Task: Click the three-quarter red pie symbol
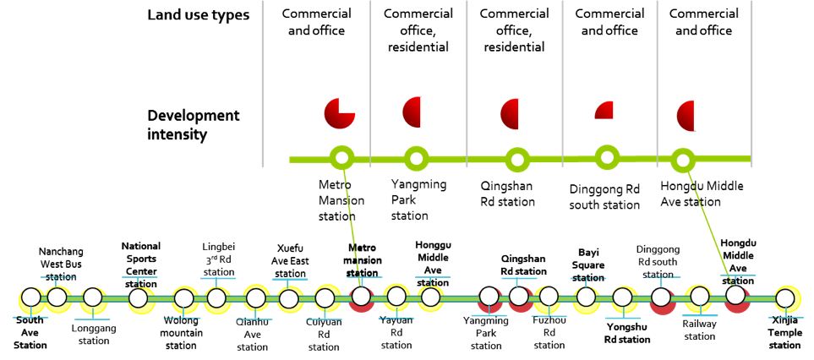click(340, 113)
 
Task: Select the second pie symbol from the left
click(421, 112)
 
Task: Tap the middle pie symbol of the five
click(519, 114)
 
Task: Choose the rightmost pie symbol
click(695, 115)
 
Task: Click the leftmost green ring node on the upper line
click(341, 157)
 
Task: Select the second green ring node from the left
click(416, 158)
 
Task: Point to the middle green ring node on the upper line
click(517, 160)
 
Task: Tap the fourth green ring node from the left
click(607, 157)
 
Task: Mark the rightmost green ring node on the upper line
click(683, 160)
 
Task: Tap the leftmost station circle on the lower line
click(31, 297)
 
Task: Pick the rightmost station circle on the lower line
click(785, 298)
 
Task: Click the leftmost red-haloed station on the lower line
click(361, 297)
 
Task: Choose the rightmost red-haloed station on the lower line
click(735, 296)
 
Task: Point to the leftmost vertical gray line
click(262, 85)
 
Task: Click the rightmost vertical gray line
click(751, 85)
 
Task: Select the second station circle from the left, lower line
click(57, 297)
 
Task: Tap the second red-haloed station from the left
click(489, 297)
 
